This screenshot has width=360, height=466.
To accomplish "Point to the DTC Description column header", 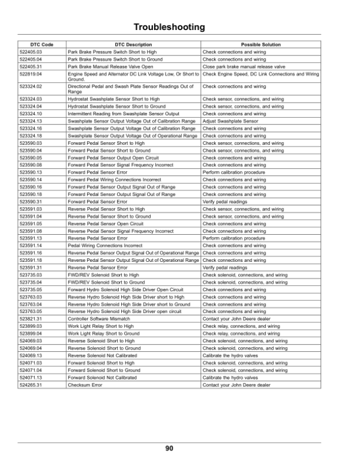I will point(133,45).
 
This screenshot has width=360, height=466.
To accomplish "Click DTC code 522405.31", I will point(31,67).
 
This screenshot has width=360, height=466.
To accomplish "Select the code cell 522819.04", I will point(31,74).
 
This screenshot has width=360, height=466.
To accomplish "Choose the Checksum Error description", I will point(85,385).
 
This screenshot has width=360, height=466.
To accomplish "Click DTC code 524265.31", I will point(31,385).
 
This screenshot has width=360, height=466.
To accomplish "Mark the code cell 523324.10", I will point(31,113).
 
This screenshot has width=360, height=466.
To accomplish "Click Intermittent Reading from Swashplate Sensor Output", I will point(124,113).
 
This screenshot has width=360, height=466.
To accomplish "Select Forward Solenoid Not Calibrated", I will point(102,378).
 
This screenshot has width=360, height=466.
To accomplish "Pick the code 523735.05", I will point(31,288).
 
